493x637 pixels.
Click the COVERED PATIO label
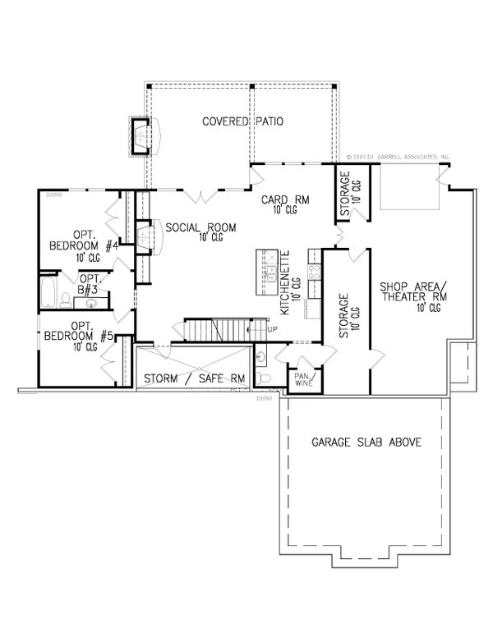(x=243, y=122)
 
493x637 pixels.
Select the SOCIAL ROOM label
(x=201, y=231)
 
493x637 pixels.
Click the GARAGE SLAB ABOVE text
(x=366, y=442)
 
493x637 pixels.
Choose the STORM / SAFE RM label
(x=193, y=378)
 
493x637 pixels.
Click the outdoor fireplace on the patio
(x=141, y=135)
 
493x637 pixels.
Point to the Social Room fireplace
(x=145, y=239)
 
